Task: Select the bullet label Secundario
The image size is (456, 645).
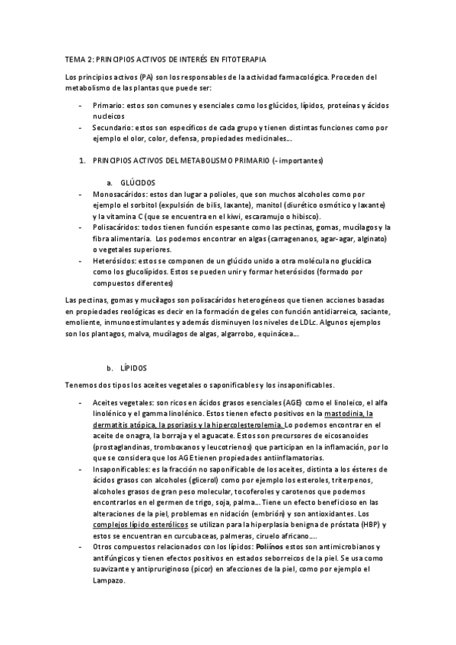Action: pos(114,127)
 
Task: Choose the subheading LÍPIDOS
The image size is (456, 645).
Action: pos(134,367)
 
